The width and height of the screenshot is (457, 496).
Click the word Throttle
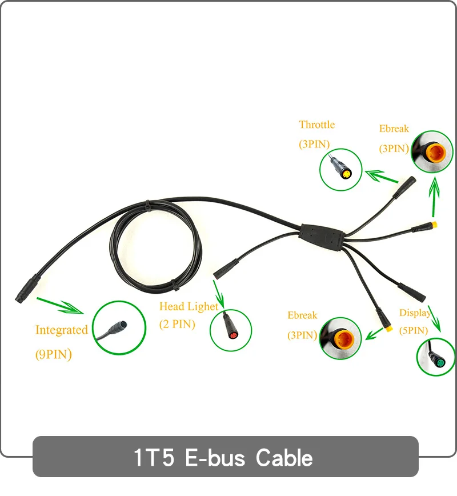(316, 125)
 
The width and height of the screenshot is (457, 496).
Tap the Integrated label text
(62, 330)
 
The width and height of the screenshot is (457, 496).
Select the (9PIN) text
(54, 354)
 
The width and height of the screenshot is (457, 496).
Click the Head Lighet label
(189, 307)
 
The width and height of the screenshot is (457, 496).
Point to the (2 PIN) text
(177, 325)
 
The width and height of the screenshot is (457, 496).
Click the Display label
(415, 313)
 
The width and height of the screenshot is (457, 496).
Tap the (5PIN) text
(414, 330)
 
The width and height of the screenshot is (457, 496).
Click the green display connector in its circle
(439, 360)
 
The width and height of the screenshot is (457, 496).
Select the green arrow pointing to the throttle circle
(381, 176)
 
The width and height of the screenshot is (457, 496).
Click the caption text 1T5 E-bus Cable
(223, 457)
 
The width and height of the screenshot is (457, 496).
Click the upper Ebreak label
(394, 129)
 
